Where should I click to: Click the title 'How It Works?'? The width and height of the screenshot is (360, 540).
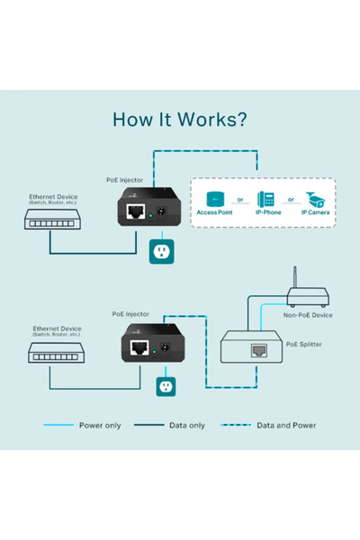[x=180, y=120]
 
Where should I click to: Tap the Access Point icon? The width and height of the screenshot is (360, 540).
[x=215, y=199]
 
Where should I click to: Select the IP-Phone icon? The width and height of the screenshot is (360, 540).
[x=265, y=199]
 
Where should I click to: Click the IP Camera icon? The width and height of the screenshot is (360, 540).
[x=315, y=199]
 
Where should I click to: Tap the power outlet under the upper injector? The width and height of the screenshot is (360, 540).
[x=162, y=253]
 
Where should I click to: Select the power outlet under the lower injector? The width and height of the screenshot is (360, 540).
[x=165, y=385]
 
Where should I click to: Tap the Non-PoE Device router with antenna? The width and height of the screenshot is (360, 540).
[x=307, y=293]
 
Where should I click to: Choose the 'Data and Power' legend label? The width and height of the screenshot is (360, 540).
[x=286, y=425]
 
